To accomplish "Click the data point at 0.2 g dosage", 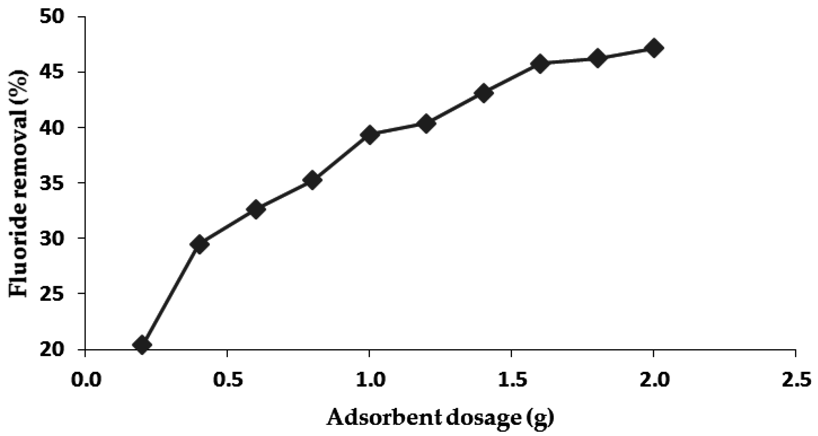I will tap(142, 345).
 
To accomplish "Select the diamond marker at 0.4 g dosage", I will tap(199, 244).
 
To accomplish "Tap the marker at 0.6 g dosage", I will tap(256, 209).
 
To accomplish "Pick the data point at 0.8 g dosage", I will tap(312, 180).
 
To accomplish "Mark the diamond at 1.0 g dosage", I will tap(369, 135).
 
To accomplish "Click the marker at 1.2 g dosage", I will tap(426, 124).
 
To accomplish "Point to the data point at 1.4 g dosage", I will tap(483, 93).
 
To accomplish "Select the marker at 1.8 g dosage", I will tap(597, 58).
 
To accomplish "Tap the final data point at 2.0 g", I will tap(653, 48).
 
